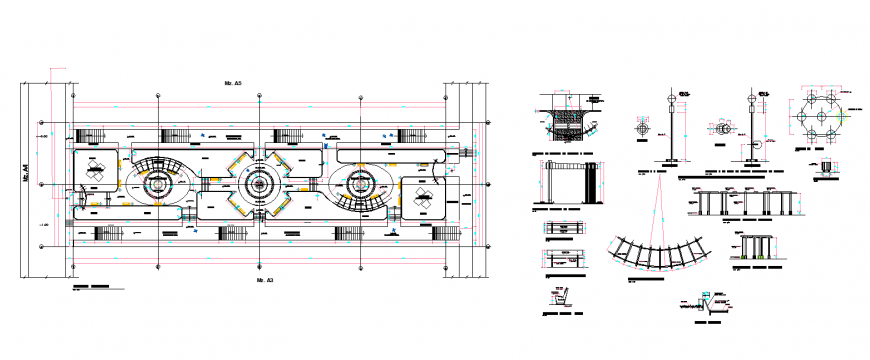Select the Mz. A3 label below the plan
click(264, 282)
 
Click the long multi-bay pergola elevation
click(737, 203)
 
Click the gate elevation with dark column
click(569, 183)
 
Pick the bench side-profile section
click(560, 297)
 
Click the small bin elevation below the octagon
click(827, 166)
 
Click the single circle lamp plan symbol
click(641, 128)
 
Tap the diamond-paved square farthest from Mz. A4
click(422, 196)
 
